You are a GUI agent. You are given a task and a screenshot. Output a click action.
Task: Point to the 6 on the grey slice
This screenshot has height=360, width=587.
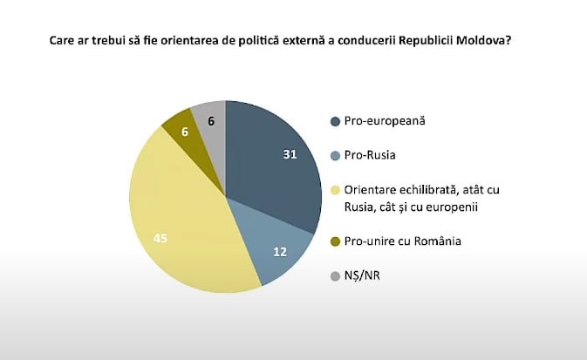coord(211,124)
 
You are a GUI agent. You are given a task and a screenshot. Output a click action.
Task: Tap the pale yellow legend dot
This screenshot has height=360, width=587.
coord(334,191)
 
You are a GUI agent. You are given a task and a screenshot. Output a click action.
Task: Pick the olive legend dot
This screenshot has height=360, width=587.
coord(334,241)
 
